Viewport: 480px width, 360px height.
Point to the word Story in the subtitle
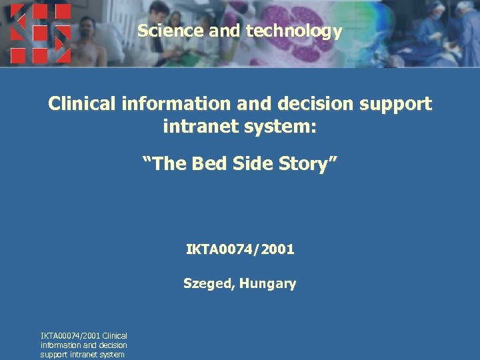[311, 163]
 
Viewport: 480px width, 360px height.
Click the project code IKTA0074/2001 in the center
[240, 251]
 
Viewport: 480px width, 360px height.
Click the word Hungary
[268, 284]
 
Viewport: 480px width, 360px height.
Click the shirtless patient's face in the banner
[87, 29]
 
